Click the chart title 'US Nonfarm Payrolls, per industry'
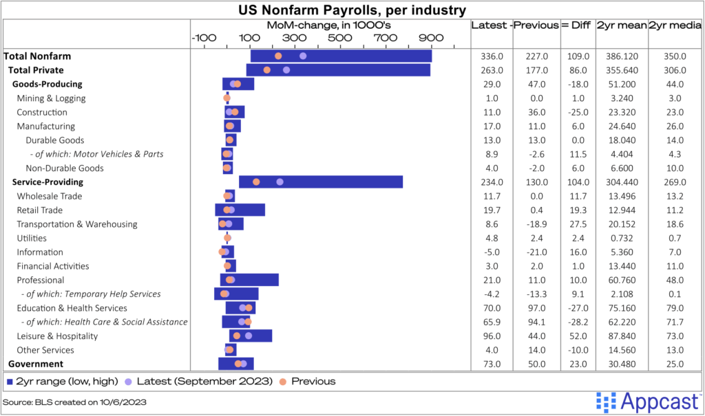point(352,10)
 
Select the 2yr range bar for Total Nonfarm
point(341,56)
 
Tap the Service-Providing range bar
point(321,182)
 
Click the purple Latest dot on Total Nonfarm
point(303,56)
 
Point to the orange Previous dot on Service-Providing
point(256,182)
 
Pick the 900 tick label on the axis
point(430,37)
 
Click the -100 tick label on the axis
point(204,37)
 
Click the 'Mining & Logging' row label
point(51,98)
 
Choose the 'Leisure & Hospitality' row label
point(57,336)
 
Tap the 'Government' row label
point(36,364)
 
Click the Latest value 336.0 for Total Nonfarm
point(492,56)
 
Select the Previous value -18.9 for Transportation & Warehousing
point(536,224)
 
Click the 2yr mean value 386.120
point(621,56)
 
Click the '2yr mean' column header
point(621,25)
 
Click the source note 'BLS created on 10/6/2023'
point(74,401)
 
